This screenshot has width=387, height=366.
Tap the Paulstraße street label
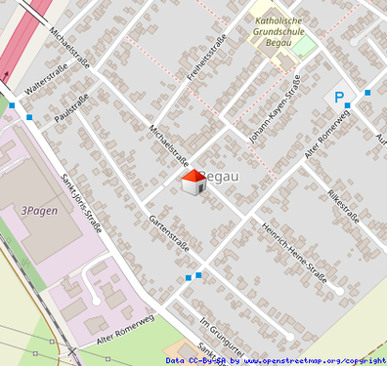[74, 110]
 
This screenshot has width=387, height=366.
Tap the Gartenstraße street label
[168, 231]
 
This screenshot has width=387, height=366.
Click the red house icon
[193, 182]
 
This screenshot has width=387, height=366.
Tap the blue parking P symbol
[339, 98]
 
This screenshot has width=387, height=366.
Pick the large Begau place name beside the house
[223, 177]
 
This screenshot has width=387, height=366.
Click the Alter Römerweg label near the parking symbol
[327, 134]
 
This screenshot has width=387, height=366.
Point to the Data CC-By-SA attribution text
[197, 360]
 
